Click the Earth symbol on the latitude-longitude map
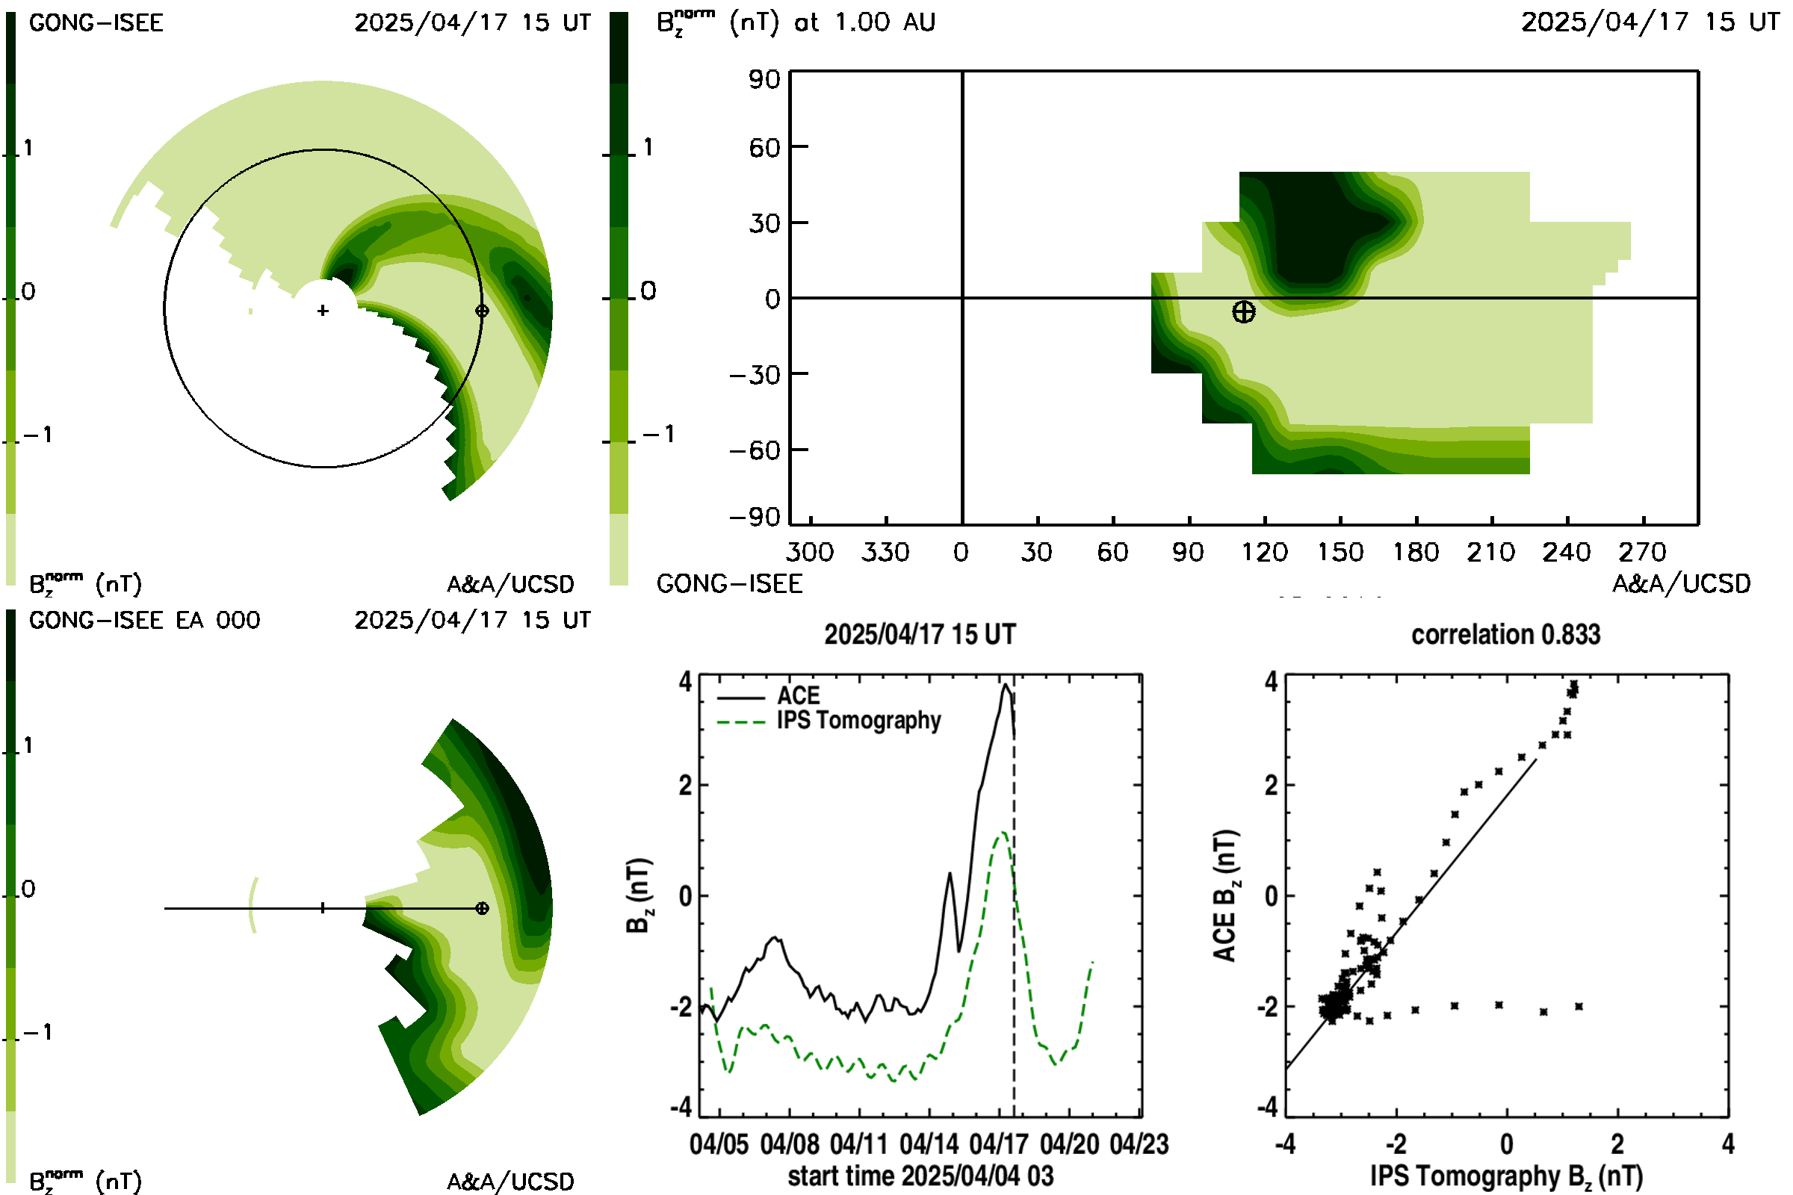click(1243, 311)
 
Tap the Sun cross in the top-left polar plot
click(323, 310)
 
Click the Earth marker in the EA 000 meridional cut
click(482, 908)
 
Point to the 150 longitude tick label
click(1340, 552)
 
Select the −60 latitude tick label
click(754, 450)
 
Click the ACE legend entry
click(769, 696)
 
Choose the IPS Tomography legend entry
click(829, 721)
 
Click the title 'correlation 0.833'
click(1505, 635)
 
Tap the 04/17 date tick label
click(1000, 1144)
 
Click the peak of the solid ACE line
click(1006, 684)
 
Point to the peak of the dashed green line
click(1003, 833)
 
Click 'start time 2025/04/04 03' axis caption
click(920, 1176)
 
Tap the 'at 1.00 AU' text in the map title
click(864, 22)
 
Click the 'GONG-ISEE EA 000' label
click(145, 621)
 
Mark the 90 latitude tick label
click(764, 79)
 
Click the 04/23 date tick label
click(1139, 1144)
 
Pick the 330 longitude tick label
click(885, 552)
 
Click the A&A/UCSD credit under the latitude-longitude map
click(1682, 584)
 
